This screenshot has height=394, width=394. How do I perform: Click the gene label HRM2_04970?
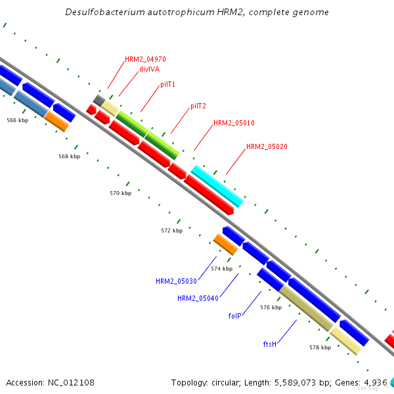tap(145, 59)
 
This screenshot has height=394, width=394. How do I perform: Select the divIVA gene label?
tap(149, 68)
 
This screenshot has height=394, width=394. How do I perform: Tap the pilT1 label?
tap(167, 85)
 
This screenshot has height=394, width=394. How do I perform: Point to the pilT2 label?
tap(198, 106)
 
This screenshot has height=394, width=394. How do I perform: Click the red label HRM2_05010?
tap(234, 123)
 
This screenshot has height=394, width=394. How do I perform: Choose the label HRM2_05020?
tap(267, 147)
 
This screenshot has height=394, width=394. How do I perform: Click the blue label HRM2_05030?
tap(176, 281)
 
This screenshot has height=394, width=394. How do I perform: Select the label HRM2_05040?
tap(198, 298)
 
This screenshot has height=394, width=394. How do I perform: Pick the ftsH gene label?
tap(269, 343)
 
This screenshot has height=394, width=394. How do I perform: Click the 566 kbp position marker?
tap(18, 120)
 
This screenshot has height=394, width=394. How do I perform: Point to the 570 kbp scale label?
tap(121, 194)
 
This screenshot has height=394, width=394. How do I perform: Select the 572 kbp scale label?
tap(171, 230)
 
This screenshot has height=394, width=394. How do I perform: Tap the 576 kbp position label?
tap(271, 307)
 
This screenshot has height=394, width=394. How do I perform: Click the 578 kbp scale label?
tap(320, 347)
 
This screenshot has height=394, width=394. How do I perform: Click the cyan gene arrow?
tap(217, 186)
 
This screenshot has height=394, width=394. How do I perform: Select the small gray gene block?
tap(99, 100)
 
